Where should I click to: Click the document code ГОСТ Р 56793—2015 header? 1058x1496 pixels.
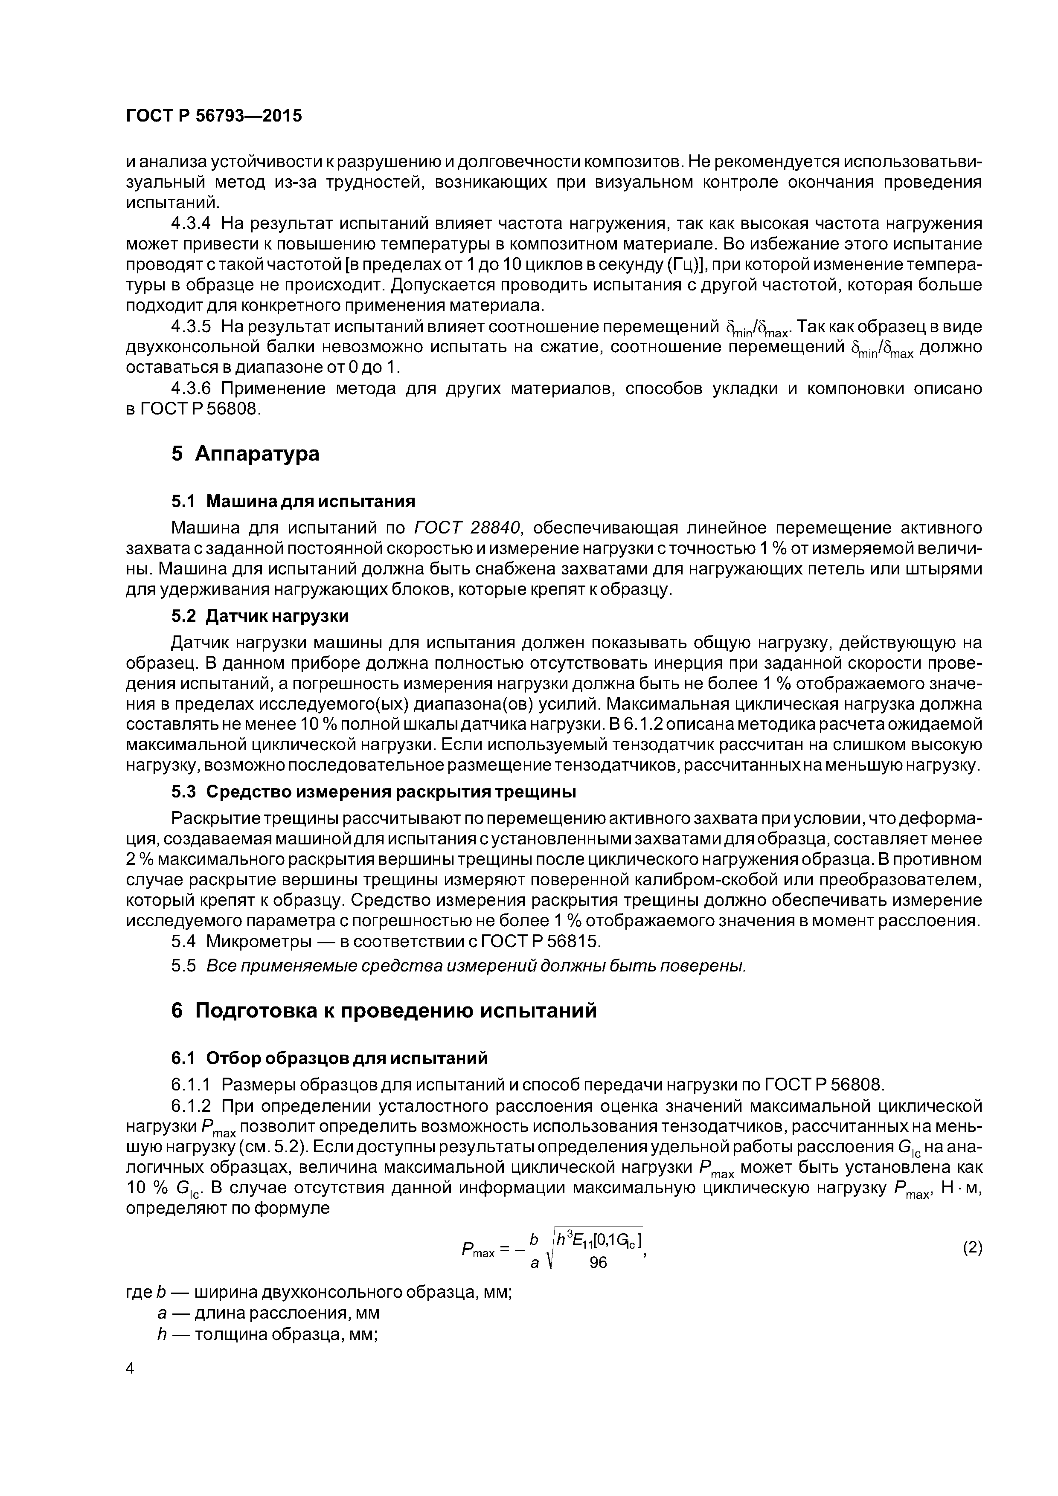214,116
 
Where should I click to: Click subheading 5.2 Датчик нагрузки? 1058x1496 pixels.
259,616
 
